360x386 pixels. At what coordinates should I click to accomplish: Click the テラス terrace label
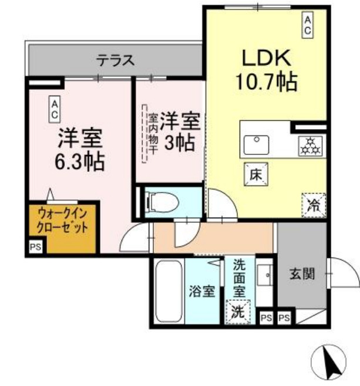pos(116,59)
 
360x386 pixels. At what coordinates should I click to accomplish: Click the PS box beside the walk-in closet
pos(35,247)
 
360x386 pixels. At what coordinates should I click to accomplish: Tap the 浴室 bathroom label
pos(201,291)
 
